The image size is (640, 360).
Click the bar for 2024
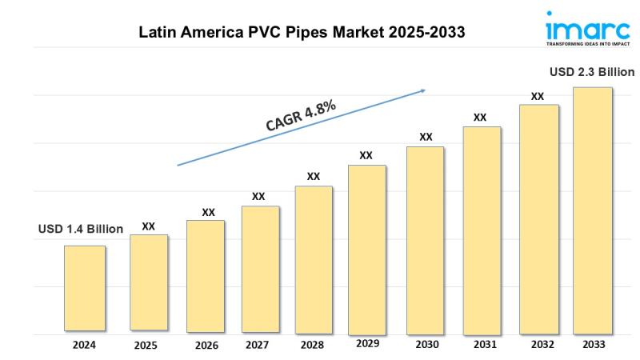click(x=85, y=288)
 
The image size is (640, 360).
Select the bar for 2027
click(x=260, y=270)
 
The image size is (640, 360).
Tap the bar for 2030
click(x=425, y=240)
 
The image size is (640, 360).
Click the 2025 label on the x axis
click(x=146, y=346)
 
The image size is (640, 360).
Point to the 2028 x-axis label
click(x=314, y=346)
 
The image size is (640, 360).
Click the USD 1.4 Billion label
click(x=81, y=230)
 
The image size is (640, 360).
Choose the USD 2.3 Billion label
click(x=592, y=72)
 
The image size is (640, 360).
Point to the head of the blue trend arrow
click(x=424, y=91)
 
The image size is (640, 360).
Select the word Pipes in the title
click(x=315, y=33)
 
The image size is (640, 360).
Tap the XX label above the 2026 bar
click(x=208, y=212)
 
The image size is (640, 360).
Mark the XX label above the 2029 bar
click(x=366, y=155)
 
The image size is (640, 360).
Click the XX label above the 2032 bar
click(x=538, y=96)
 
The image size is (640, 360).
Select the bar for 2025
click(x=149, y=282)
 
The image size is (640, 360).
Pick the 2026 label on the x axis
click(x=206, y=346)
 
